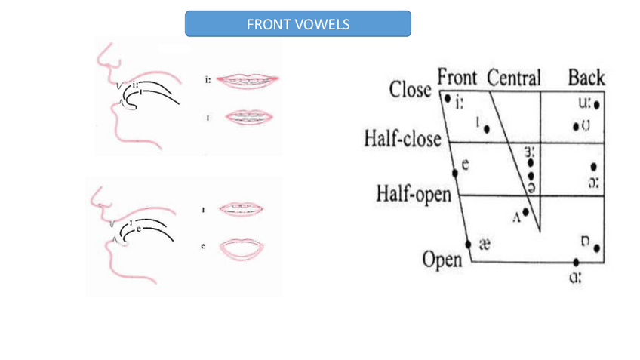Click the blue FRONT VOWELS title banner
[298, 24]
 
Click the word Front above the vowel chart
[457, 78]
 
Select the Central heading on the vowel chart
[514, 78]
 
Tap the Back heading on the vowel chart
[586, 78]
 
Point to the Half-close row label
[402, 140]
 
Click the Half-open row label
[412, 194]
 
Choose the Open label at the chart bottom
[442, 260]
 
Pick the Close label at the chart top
[411, 89]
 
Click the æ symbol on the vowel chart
[485, 245]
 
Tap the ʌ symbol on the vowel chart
[517, 217]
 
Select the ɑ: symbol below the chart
[575, 276]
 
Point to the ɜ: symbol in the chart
[530, 152]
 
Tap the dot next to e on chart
[455, 174]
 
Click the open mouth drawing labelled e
[242, 248]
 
